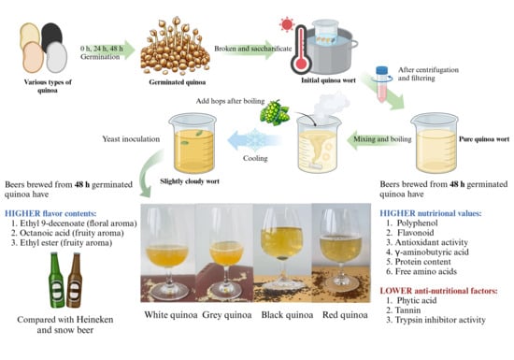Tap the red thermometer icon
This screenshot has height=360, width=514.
click(300, 50)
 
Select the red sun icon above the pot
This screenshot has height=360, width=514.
click(287, 24)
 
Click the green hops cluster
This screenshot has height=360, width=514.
click(275, 112)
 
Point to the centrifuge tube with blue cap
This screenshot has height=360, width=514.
click(381, 84)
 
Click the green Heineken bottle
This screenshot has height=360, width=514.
click(56, 280)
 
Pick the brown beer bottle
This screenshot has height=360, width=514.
click(75, 280)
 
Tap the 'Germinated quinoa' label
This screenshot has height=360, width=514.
click(177, 82)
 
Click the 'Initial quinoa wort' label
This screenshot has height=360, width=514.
click(328, 80)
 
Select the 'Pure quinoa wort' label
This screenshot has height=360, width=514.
click(484, 139)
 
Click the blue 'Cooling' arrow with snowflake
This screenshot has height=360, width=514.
click(254, 139)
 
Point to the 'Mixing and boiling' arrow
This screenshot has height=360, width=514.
click(379, 139)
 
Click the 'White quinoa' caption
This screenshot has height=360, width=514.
click(171, 315)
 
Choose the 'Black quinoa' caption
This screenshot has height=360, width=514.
click(287, 315)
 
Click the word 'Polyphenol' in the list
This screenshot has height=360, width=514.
click(418, 223)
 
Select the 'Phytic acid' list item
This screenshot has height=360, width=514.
click(417, 300)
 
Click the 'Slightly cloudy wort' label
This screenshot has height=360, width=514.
click(190, 181)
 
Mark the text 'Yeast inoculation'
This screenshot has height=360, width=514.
click(131, 139)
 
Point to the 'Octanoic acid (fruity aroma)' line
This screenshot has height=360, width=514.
click(67, 233)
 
